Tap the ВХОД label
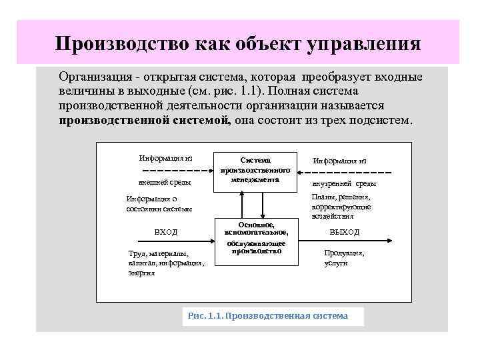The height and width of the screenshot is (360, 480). (166, 231)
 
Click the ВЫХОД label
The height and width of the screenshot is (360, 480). (345, 231)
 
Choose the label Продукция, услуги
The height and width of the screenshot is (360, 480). (344, 258)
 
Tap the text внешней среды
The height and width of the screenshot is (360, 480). (165, 182)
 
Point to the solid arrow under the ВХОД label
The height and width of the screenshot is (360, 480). (167, 241)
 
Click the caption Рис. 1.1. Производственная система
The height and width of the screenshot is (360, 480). (273, 316)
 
